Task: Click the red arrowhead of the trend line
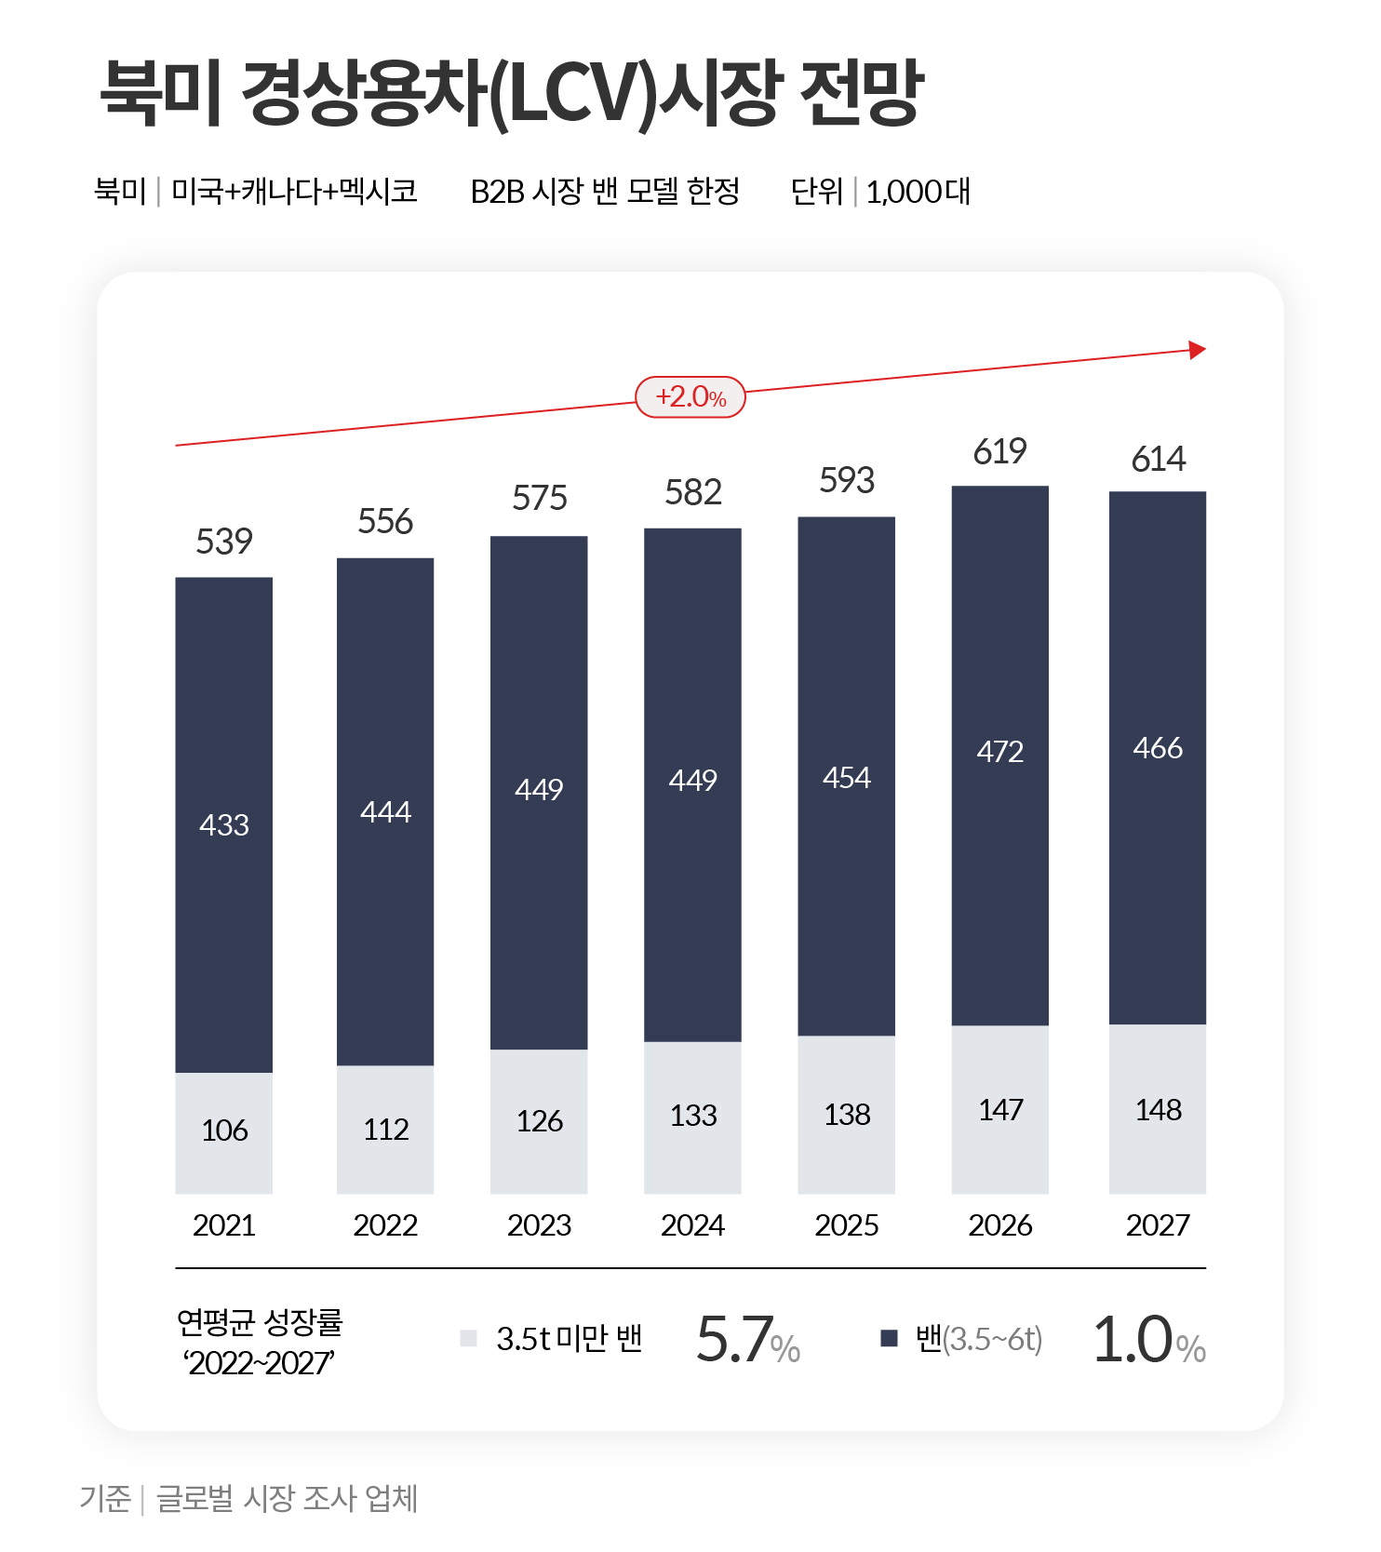pyautogui.click(x=1198, y=350)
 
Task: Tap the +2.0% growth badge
pyautogui.click(x=690, y=397)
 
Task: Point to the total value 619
pyautogui.click(x=1000, y=452)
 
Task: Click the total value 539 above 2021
pyautogui.click(x=224, y=542)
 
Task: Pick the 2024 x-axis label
pyautogui.click(x=692, y=1224)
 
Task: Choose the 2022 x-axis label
pyautogui.click(x=385, y=1224)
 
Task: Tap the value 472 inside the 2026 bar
pyautogui.click(x=1000, y=751)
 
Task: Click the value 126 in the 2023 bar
pyautogui.click(x=540, y=1121)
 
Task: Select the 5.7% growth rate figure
pyautogui.click(x=748, y=1340)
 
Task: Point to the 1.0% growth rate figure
pyautogui.click(x=1148, y=1340)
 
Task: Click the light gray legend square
pyautogui.click(x=469, y=1338)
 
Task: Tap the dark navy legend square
pyautogui.click(x=889, y=1338)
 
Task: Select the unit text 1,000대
pyautogui.click(x=918, y=192)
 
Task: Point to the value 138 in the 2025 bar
pyautogui.click(x=847, y=1115)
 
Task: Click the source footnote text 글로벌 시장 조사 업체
pyautogui.click(x=287, y=1499)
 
